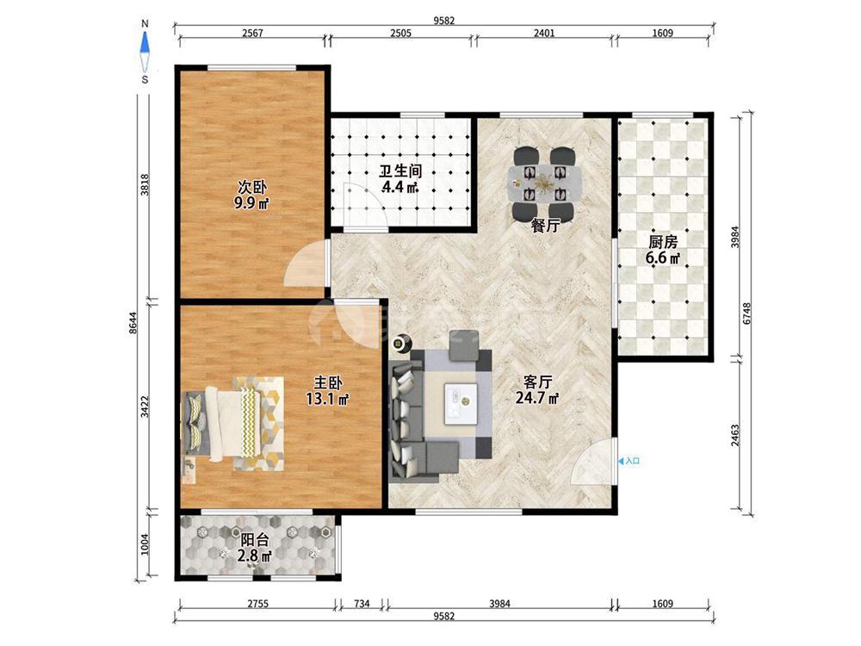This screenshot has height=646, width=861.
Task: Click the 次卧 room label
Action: point(252,195)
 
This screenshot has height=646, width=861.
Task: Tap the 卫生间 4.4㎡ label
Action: point(400,178)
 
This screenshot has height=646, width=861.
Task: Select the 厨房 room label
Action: point(663,250)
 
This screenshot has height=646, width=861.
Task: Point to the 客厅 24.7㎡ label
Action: point(537,389)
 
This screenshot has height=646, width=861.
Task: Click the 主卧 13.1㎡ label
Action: point(328,390)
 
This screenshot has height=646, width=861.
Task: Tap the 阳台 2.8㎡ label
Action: point(254,548)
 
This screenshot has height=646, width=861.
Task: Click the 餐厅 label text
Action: point(545,225)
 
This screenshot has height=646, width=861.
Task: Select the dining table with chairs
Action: point(544,181)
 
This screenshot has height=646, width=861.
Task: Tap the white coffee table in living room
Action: point(460,403)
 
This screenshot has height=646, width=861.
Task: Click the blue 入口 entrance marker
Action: point(629,462)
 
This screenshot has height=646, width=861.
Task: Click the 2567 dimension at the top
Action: point(252,33)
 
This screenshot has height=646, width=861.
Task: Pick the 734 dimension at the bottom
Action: point(362,604)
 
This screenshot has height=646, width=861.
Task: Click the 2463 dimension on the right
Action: point(734,434)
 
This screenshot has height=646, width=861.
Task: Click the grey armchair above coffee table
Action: point(466,345)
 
